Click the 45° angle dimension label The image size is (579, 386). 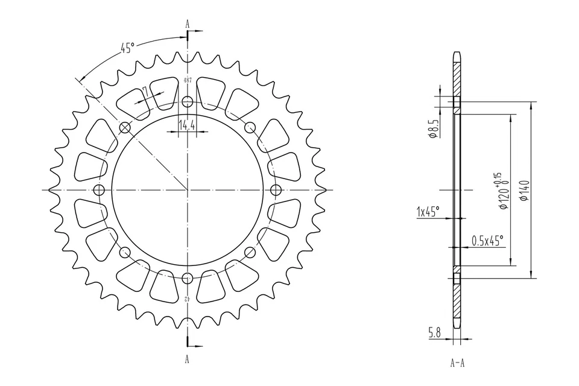(127, 48)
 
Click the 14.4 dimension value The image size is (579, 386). (187, 125)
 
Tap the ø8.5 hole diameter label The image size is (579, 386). (432, 129)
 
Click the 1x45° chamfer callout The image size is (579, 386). (428, 212)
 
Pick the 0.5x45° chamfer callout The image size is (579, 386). (487, 241)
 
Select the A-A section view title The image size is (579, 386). (457, 364)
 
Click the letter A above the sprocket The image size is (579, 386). (188, 24)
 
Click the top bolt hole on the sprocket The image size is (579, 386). (188, 101)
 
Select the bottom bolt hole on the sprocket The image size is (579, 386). (188, 278)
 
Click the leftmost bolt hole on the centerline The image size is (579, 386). (100, 190)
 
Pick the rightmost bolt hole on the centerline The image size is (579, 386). (276, 190)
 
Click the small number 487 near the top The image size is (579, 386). (188, 80)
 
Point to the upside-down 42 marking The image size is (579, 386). (188, 299)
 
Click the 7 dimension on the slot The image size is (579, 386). (145, 90)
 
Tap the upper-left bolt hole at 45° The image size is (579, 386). (125, 127)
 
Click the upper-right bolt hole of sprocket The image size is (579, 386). (250, 127)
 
